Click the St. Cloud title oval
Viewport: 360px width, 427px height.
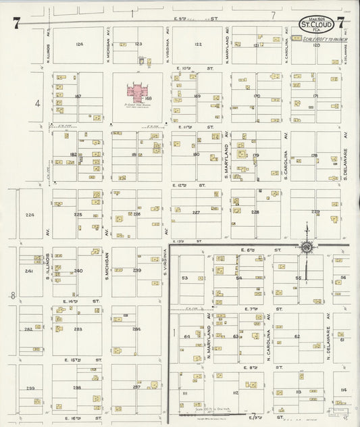[x=315, y=24]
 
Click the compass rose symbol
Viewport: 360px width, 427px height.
[x=307, y=248]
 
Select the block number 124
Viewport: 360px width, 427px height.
[x=79, y=44]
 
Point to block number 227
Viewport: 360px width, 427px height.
[x=196, y=212]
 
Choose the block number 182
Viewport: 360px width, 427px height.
[x=73, y=155]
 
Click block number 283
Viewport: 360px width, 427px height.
[x=78, y=329]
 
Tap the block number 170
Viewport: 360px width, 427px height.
[x=256, y=96]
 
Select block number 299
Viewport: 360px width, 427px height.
[x=30, y=388]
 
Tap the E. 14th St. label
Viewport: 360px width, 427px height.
[x=72, y=301]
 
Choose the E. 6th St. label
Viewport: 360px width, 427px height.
[x=255, y=251]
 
